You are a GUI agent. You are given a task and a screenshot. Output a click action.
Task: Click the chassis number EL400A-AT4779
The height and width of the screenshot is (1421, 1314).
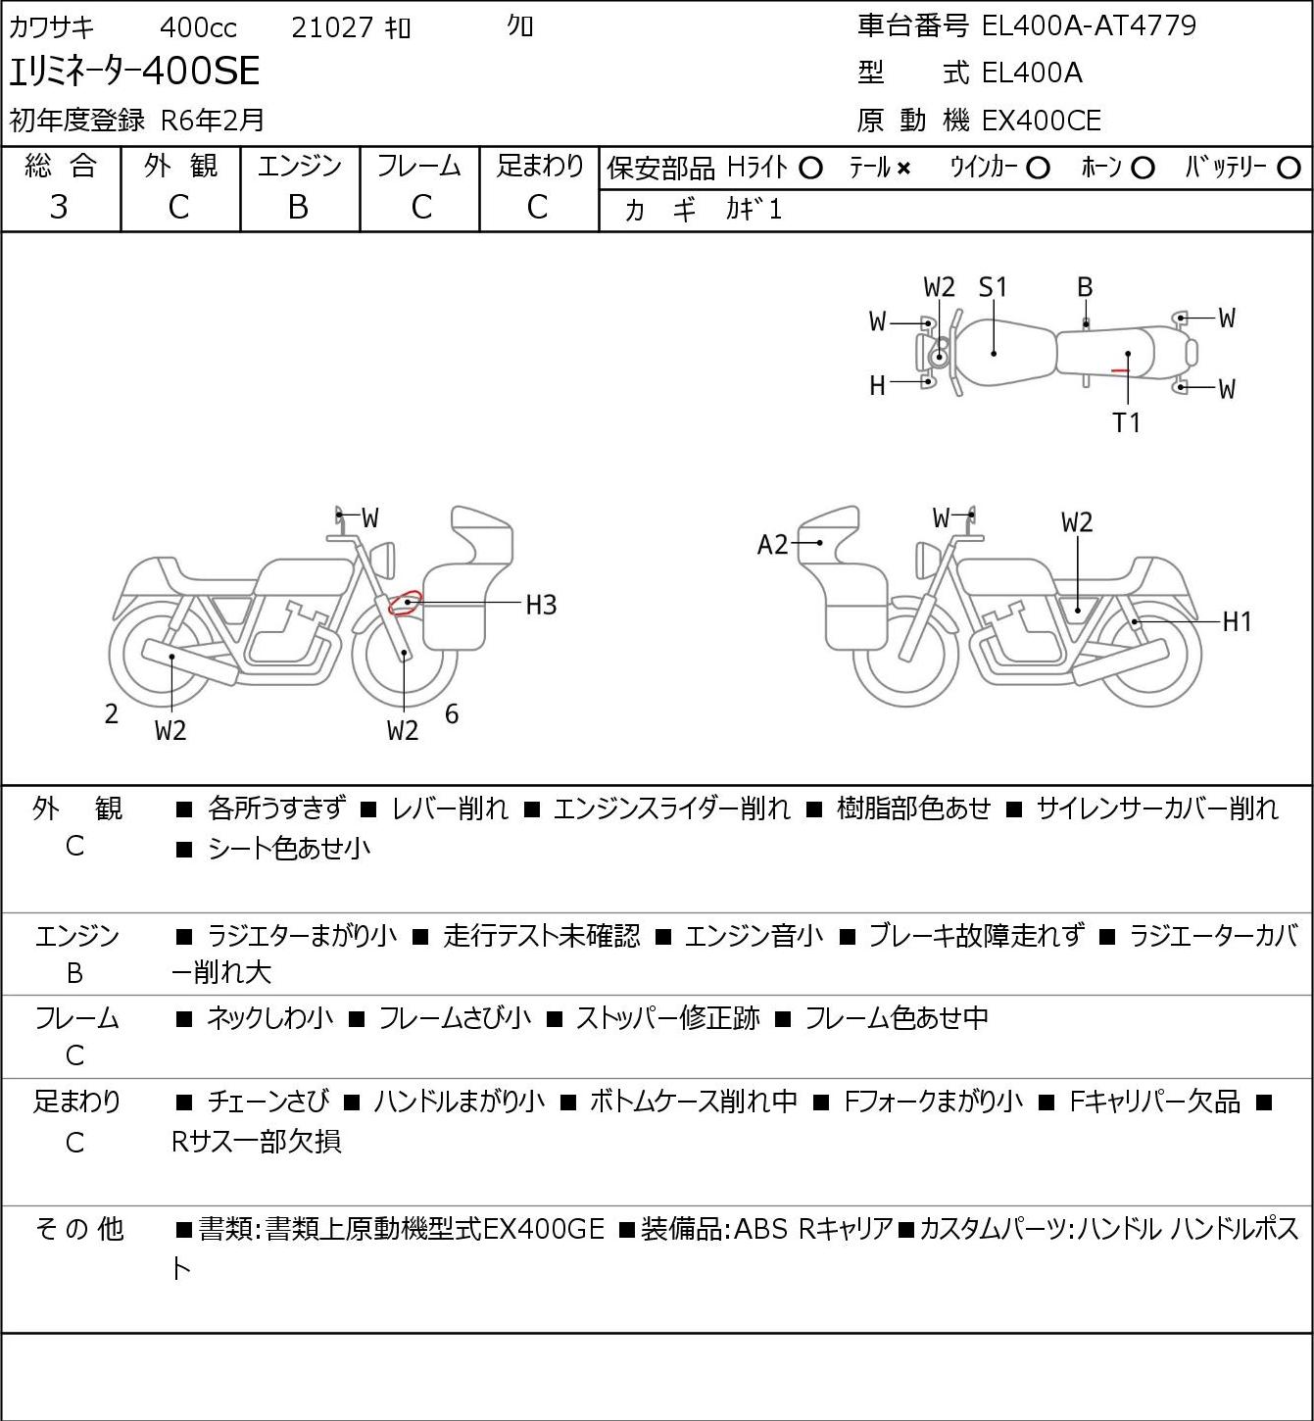pyautogui.click(x=1089, y=25)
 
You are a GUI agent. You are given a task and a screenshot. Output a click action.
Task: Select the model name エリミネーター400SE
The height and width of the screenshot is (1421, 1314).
pyautogui.click(x=135, y=72)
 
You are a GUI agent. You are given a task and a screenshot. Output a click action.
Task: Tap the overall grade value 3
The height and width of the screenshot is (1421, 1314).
pyautogui.click(x=59, y=207)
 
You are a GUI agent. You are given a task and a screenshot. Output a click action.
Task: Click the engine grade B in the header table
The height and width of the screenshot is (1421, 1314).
pyautogui.click(x=299, y=207)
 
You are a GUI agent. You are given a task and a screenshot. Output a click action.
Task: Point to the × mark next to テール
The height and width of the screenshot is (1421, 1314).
pyautogui.click(x=903, y=169)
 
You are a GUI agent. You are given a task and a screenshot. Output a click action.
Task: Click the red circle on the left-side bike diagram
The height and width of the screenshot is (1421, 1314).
pyautogui.click(x=405, y=602)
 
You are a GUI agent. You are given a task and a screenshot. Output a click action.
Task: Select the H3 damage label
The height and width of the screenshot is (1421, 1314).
pyautogui.click(x=541, y=605)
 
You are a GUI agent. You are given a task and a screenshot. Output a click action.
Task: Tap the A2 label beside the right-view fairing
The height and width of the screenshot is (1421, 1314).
pyautogui.click(x=772, y=545)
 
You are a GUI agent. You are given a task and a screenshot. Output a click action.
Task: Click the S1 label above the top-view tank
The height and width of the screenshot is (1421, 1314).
pyautogui.click(x=993, y=287)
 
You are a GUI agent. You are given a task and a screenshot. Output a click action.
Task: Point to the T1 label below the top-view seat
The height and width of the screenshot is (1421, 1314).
pyautogui.click(x=1127, y=423)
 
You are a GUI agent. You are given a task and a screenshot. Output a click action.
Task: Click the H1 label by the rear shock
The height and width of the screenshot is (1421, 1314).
pyautogui.click(x=1237, y=621)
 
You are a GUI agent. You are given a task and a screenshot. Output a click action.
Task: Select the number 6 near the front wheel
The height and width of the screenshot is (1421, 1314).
pyautogui.click(x=452, y=714)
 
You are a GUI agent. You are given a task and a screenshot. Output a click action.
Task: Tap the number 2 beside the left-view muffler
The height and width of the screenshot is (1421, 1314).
pyautogui.click(x=112, y=714)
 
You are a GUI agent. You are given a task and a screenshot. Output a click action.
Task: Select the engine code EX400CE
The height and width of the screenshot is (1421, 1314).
pyautogui.click(x=1041, y=121)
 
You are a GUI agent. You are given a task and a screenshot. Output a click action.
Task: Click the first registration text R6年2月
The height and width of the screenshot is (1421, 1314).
pyautogui.click(x=213, y=120)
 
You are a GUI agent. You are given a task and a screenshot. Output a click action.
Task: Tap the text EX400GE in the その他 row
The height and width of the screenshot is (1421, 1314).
pyautogui.click(x=544, y=1229)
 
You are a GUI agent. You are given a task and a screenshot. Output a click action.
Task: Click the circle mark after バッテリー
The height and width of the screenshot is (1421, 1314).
pyautogui.click(x=1290, y=169)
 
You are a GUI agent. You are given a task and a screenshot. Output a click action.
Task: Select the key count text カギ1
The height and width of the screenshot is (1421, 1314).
pyautogui.click(x=754, y=210)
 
